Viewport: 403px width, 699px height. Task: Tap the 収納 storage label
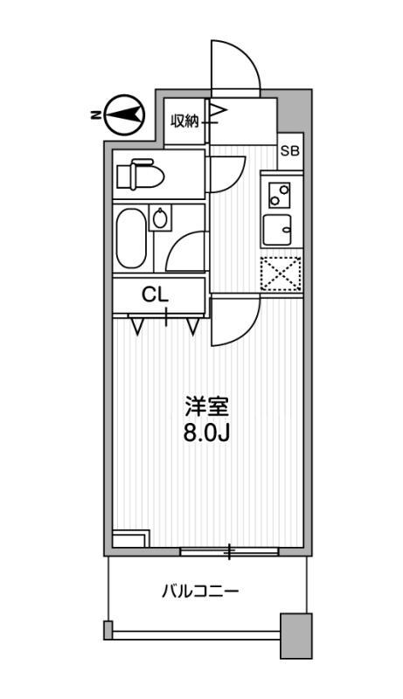(184, 121)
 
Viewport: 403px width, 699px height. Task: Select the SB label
(289, 150)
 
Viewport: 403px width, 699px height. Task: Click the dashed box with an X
(281, 274)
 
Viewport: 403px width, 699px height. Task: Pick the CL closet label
(156, 295)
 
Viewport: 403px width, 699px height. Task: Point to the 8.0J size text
(206, 433)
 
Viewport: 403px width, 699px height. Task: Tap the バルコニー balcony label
(200, 592)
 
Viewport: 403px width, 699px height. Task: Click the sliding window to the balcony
(229, 551)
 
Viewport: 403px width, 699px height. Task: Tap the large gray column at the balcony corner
(295, 635)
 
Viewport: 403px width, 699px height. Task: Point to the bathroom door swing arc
(186, 254)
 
